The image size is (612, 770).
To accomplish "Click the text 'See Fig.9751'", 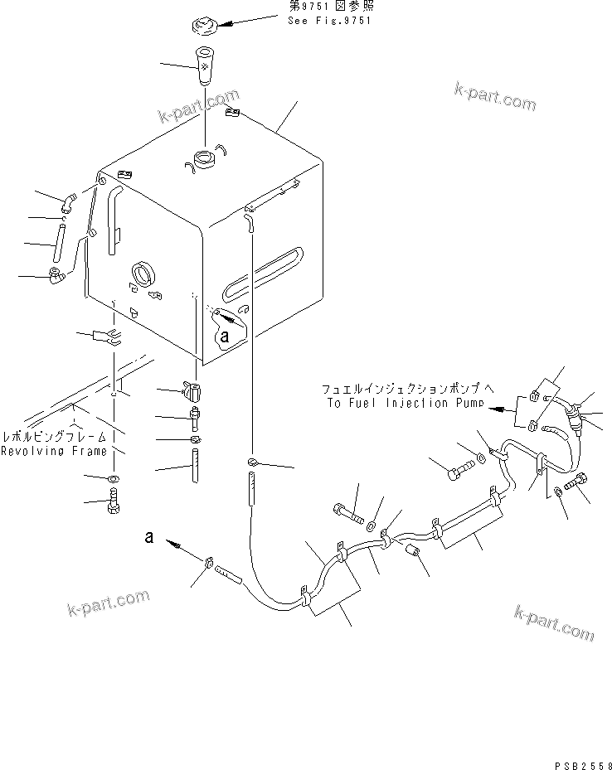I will pos(328,21).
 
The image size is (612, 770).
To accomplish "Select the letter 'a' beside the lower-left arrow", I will pos(149,537).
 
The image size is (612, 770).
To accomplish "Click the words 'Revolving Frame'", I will pos(54,451).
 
